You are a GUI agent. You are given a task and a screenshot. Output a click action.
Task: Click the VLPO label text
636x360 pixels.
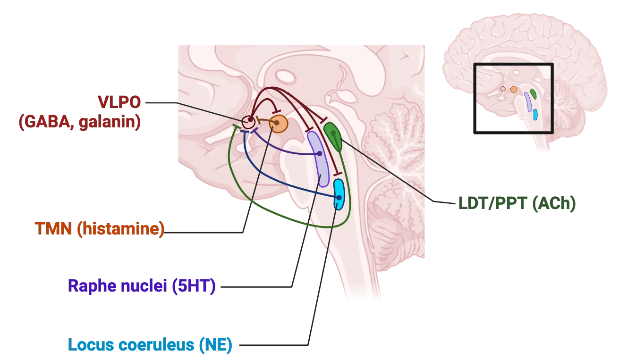tap(119, 102)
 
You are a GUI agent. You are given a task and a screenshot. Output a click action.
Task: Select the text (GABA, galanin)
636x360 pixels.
tap(79, 123)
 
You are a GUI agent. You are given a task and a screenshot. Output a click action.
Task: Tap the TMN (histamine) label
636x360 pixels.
tap(100, 230)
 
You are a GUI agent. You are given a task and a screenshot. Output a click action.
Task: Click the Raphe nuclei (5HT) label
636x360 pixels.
tap(142, 286)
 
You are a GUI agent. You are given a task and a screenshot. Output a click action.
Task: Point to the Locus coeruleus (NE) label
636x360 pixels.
tap(150, 345)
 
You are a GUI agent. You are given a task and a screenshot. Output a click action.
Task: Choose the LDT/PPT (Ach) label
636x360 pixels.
tap(517, 204)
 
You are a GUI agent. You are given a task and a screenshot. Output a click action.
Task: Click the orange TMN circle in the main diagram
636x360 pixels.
tap(279, 124)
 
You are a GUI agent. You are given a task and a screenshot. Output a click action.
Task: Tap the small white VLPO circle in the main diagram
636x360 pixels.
tap(248, 122)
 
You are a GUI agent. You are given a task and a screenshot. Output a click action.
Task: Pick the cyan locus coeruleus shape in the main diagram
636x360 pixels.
tap(339, 193)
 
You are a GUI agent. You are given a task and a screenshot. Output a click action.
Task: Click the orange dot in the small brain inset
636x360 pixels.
tap(514, 89)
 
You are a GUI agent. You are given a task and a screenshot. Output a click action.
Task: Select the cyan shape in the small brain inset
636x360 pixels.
tap(535, 114)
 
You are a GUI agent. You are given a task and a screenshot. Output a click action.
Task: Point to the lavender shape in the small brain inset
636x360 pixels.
tap(528, 101)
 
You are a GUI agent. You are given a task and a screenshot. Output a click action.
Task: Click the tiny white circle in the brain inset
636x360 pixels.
tap(503, 88)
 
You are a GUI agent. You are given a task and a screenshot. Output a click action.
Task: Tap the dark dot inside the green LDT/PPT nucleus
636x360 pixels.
tap(333, 134)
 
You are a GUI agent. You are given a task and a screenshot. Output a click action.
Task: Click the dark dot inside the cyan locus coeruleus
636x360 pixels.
tap(339, 197)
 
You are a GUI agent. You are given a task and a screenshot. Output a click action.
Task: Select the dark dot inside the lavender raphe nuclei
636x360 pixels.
tap(320, 154)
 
